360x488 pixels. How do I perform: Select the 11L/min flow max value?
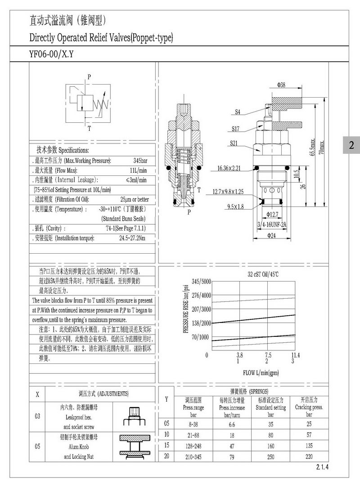138,170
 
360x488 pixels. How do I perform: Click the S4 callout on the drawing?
238,112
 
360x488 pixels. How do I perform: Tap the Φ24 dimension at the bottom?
272,235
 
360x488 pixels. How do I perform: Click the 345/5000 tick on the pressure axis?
195,282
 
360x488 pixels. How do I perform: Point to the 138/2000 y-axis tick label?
195,323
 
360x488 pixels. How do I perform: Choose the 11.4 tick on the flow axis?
295,355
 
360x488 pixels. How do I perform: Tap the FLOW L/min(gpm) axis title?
261,372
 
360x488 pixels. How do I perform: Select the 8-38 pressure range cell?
193,424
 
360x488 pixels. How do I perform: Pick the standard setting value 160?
271,445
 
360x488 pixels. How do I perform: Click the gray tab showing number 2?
351,145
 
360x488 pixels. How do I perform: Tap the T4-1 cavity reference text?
126,228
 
